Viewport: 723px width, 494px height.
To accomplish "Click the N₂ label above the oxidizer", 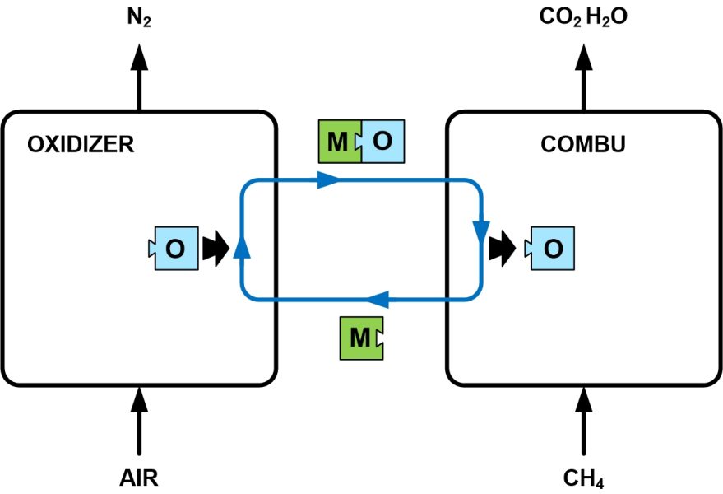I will (139, 16).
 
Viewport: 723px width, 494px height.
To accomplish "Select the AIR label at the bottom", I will (139, 478).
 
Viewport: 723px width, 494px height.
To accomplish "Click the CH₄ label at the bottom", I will (585, 478).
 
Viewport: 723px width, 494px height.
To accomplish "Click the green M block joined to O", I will (339, 142).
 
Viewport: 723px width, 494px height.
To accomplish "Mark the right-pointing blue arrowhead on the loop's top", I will (328, 179).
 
